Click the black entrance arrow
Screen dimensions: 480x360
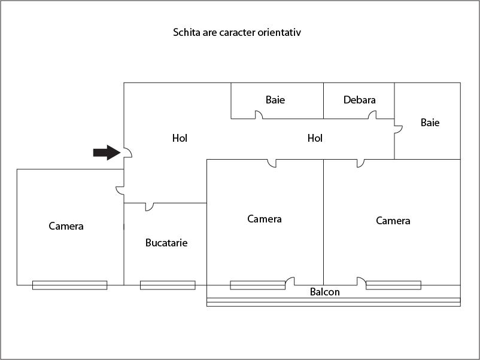coord(107,152)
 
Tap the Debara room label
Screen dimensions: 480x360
coord(359,100)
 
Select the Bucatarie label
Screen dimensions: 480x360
coord(166,243)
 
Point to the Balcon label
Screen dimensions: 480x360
coord(324,292)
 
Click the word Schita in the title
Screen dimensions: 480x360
coord(186,32)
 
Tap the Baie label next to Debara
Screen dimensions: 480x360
coord(275,100)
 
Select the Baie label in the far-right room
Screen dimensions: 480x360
coord(430,123)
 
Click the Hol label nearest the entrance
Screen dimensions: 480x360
coord(180,138)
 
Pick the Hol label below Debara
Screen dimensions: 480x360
coord(315,138)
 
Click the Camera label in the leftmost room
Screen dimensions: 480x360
coord(66,226)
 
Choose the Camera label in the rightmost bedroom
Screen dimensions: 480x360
coord(393,221)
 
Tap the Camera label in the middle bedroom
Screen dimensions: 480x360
coord(265,219)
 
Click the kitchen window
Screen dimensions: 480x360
coord(168,285)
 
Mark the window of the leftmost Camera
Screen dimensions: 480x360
coord(70,285)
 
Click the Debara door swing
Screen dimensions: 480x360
coord(372,115)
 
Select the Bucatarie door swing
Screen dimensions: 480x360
coord(150,207)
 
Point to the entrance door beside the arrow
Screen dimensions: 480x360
coord(127,152)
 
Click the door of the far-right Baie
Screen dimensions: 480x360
coord(398,129)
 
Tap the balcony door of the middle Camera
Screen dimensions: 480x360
coord(290,282)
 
